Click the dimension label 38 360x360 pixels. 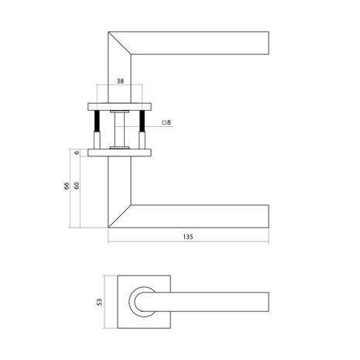(120, 81)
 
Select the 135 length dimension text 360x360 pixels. (188, 237)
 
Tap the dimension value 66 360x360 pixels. (67, 186)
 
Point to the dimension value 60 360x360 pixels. (77, 186)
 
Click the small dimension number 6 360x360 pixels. (77, 153)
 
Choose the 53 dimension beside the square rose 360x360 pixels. (99, 302)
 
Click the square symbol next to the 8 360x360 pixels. (164, 122)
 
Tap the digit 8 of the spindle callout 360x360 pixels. (169, 122)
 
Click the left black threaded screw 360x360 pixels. (97, 121)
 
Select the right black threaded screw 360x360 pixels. (142, 121)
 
